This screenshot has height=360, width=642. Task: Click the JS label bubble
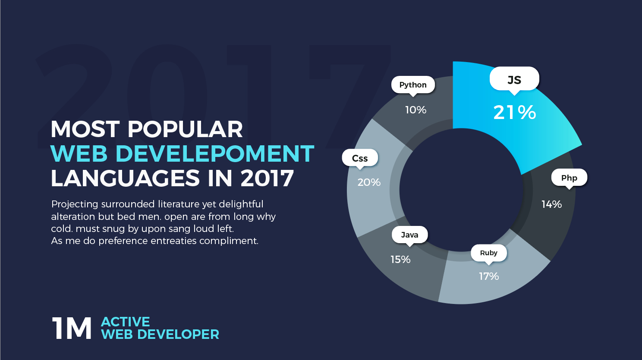pyautogui.click(x=514, y=79)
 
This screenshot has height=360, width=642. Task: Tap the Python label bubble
pyautogui.click(x=413, y=85)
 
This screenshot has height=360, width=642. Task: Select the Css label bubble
pyautogui.click(x=360, y=158)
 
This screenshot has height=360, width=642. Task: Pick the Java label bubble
pyautogui.click(x=409, y=235)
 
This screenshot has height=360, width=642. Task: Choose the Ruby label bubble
pyautogui.click(x=488, y=253)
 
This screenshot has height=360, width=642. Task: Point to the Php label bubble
pyautogui.click(x=569, y=178)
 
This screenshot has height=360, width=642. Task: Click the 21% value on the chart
pyautogui.click(x=515, y=113)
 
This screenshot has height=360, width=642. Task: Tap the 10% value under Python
pyautogui.click(x=415, y=110)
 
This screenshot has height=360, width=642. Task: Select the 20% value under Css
pyautogui.click(x=369, y=182)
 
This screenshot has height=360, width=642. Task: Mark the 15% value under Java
pyautogui.click(x=400, y=259)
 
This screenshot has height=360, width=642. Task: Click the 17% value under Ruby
pyautogui.click(x=489, y=276)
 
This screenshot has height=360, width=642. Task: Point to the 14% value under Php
pyautogui.click(x=551, y=204)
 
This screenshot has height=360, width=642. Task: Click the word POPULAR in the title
pyautogui.click(x=185, y=129)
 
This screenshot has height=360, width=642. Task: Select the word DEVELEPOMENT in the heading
pyautogui.click(x=215, y=154)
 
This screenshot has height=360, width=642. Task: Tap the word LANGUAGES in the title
pyautogui.click(x=126, y=178)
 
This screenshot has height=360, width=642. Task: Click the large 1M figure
pyautogui.click(x=72, y=329)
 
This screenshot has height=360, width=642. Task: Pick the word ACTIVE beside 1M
pyautogui.click(x=126, y=322)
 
